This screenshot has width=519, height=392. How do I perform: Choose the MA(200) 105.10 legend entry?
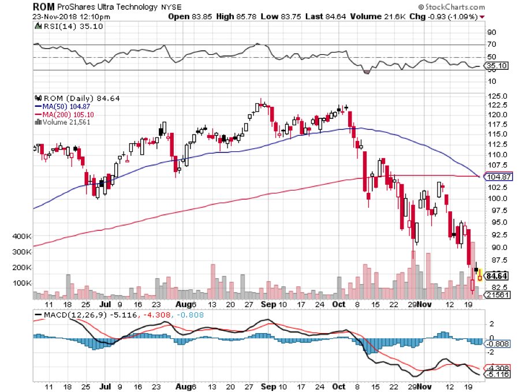[65, 114]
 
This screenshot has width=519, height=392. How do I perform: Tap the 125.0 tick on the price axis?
[498, 96]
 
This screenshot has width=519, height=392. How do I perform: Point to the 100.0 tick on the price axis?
[498, 198]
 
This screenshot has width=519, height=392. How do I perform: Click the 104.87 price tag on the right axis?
[498, 177]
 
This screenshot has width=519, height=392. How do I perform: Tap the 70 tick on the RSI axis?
[492, 44]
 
